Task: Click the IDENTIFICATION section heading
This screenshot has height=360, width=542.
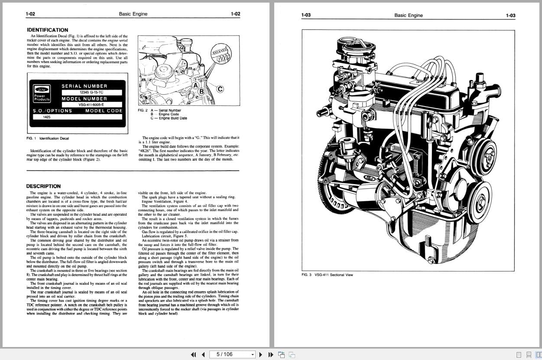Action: [47, 30]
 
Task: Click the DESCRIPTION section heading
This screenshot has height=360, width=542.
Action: [43, 186]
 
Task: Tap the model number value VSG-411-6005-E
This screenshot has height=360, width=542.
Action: [91, 104]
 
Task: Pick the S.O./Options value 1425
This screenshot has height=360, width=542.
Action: [47, 117]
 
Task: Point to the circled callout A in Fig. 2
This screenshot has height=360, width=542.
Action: [196, 85]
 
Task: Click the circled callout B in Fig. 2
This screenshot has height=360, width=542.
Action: [201, 91]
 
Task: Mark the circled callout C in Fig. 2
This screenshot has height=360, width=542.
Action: [220, 89]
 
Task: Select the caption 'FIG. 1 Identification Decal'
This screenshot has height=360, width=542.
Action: [48, 139]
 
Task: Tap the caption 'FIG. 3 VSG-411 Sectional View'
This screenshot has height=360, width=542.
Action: [327, 275]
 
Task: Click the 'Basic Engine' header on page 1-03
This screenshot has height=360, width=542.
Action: [408, 15]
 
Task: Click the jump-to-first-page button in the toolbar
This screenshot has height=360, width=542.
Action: [194, 354]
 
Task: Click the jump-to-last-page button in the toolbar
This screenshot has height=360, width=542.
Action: [271, 354]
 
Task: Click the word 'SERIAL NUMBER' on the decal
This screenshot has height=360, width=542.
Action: [84, 86]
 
